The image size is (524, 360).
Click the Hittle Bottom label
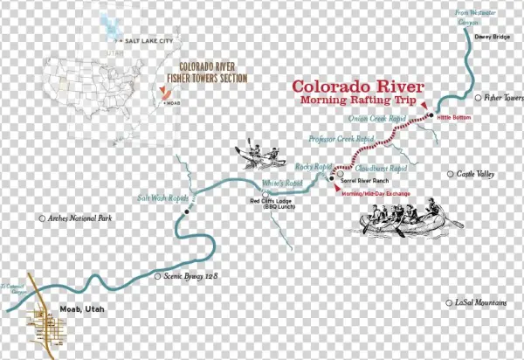point(454,116)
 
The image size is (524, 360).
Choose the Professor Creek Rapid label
point(341,139)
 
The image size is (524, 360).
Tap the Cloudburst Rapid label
point(383,168)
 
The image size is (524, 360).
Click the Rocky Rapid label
point(314,166)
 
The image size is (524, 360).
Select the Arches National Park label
point(82,218)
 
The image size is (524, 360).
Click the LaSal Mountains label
point(480,302)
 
